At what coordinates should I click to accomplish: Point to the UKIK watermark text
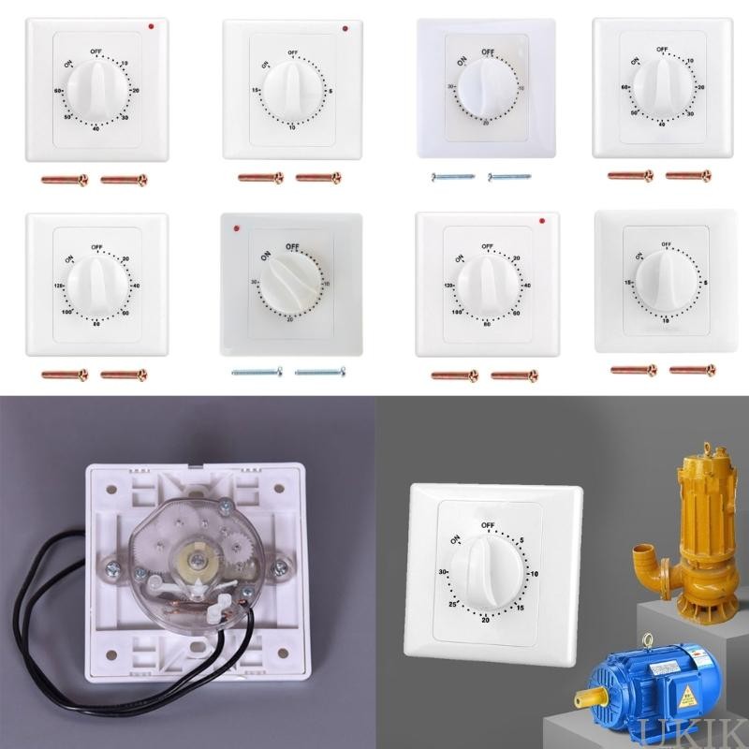[x=714, y=733]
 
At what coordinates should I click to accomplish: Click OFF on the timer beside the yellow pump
[x=487, y=526]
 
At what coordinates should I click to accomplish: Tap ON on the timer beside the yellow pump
[x=456, y=540]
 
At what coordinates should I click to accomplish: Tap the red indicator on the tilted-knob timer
[x=242, y=228]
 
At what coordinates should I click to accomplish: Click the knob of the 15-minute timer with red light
[x=293, y=89]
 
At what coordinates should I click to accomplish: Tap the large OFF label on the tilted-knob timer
[x=292, y=246]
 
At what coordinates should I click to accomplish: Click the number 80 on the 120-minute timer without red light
[x=97, y=325]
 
